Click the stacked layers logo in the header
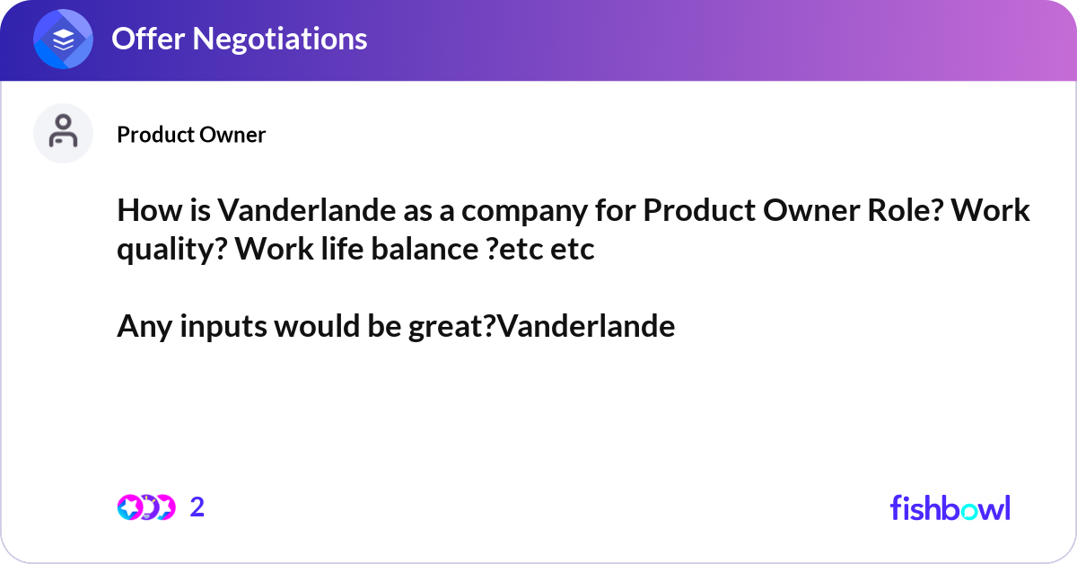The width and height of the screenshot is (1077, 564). pyautogui.click(x=64, y=40)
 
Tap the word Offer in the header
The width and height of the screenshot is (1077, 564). pyautogui.click(x=145, y=39)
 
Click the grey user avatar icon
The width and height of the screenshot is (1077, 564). pyautogui.click(x=63, y=133)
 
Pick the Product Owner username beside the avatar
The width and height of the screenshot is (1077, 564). pyautogui.click(x=191, y=135)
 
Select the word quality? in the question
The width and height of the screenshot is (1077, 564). pyautogui.click(x=171, y=250)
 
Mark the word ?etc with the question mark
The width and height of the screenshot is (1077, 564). pyautogui.click(x=512, y=250)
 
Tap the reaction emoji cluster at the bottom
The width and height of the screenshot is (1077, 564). pyautogui.click(x=145, y=507)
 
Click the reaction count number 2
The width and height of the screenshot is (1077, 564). pyautogui.click(x=197, y=507)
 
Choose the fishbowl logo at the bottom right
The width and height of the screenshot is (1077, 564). pyautogui.click(x=950, y=507)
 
